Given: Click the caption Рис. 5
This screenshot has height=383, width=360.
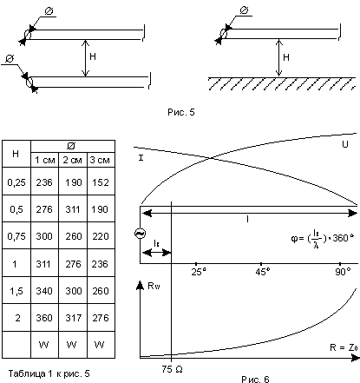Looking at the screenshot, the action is (181, 112).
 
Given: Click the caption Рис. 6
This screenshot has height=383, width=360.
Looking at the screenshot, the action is (255, 379).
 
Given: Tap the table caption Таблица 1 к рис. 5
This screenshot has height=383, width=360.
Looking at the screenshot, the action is (49, 373).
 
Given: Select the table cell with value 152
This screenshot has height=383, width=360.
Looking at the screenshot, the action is (101, 182).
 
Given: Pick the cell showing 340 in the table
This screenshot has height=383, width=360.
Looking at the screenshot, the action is (44, 291).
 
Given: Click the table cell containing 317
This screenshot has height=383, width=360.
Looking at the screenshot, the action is (73, 318).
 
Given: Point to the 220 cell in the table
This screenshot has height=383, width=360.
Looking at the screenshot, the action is (101, 236).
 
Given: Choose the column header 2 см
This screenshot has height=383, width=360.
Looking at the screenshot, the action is (73, 160).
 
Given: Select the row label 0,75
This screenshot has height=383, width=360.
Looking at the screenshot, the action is (16, 236).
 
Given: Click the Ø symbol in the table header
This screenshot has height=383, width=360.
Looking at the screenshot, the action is (71, 146).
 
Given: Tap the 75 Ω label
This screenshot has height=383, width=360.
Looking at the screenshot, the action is (172, 369).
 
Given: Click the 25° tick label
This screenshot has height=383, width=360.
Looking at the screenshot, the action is (199, 272).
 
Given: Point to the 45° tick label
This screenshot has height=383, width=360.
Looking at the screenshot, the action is (263, 272).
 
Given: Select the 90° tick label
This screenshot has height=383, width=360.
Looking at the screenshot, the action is (343, 272).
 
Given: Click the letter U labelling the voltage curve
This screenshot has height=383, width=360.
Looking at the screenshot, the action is (345, 144).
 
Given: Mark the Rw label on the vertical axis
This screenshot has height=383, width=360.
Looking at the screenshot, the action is (154, 286).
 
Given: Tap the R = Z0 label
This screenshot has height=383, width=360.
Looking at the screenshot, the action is (344, 347).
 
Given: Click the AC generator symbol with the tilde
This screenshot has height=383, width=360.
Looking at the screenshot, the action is (141, 234).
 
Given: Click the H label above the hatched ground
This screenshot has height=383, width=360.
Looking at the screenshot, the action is (286, 57).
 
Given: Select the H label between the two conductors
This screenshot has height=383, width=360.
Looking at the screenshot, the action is (93, 56).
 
